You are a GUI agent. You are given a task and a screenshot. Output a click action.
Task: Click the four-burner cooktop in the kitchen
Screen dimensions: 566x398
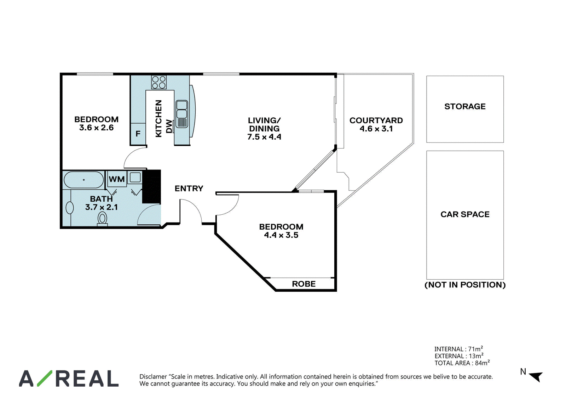coord(159,82)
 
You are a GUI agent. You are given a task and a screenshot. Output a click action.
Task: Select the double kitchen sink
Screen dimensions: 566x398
coord(182,114)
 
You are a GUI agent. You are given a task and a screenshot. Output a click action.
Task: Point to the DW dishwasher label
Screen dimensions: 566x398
coord(169,126)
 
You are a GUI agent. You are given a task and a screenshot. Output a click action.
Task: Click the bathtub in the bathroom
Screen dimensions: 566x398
coord(83,180)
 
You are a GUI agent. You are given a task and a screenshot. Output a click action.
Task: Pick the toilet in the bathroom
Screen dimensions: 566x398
coord(102,219)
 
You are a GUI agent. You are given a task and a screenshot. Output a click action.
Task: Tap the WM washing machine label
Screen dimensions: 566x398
coord(117,179)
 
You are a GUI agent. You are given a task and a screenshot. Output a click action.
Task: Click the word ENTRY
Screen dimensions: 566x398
coord(189,188)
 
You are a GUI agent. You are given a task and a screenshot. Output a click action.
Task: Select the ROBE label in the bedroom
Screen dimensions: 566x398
coord(304,284)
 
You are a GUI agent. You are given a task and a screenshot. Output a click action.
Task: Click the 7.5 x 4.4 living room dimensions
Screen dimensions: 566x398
coord(264,137)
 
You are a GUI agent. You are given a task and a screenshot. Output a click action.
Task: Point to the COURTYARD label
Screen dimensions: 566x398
coord(376,120)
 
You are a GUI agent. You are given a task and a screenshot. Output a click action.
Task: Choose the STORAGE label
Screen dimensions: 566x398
coord(465,106)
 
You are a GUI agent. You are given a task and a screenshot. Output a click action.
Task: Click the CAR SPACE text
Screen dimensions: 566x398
coord(465,214)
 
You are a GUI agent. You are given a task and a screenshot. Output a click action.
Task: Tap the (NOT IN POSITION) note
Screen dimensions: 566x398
coord(465,285)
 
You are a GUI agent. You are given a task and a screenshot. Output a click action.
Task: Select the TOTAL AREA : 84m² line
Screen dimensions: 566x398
coord(462,363)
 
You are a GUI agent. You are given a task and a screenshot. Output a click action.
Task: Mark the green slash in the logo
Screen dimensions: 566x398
coord(45,378)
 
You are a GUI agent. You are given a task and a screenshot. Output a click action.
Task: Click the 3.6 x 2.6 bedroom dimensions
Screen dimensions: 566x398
coord(96,128)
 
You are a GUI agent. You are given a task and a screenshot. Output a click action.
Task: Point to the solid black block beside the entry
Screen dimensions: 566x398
coord(152,186)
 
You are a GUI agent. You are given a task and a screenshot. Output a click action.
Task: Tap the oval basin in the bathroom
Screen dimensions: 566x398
coord(69,208)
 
